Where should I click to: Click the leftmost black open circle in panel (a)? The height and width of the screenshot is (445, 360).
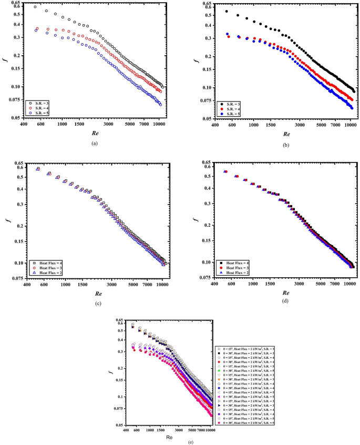click(x=35, y=7)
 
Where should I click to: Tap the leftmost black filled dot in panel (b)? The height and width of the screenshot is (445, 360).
click(x=227, y=11)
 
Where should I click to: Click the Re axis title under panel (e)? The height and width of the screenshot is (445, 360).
click(x=168, y=437)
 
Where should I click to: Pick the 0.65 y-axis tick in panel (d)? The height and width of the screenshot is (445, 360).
click(x=206, y=164)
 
